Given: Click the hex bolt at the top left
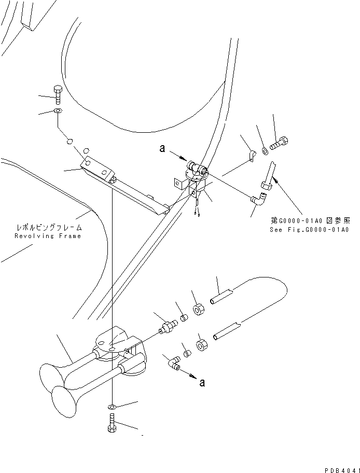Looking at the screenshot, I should pyautogui.click(x=57, y=93).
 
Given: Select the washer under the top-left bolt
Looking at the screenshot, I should pyautogui.click(x=57, y=111).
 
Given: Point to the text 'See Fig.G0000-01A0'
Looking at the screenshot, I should pyautogui.click(x=309, y=229).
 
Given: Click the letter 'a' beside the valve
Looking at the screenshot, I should pyautogui.click(x=162, y=149).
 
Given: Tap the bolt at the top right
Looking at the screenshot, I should pyautogui.click(x=280, y=140).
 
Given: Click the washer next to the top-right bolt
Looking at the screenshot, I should pyautogui.click(x=265, y=151).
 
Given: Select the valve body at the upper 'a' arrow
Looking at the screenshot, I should pyautogui.click(x=195, y=171).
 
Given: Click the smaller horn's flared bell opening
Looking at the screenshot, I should pyautogui.click(x=64, y=399).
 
